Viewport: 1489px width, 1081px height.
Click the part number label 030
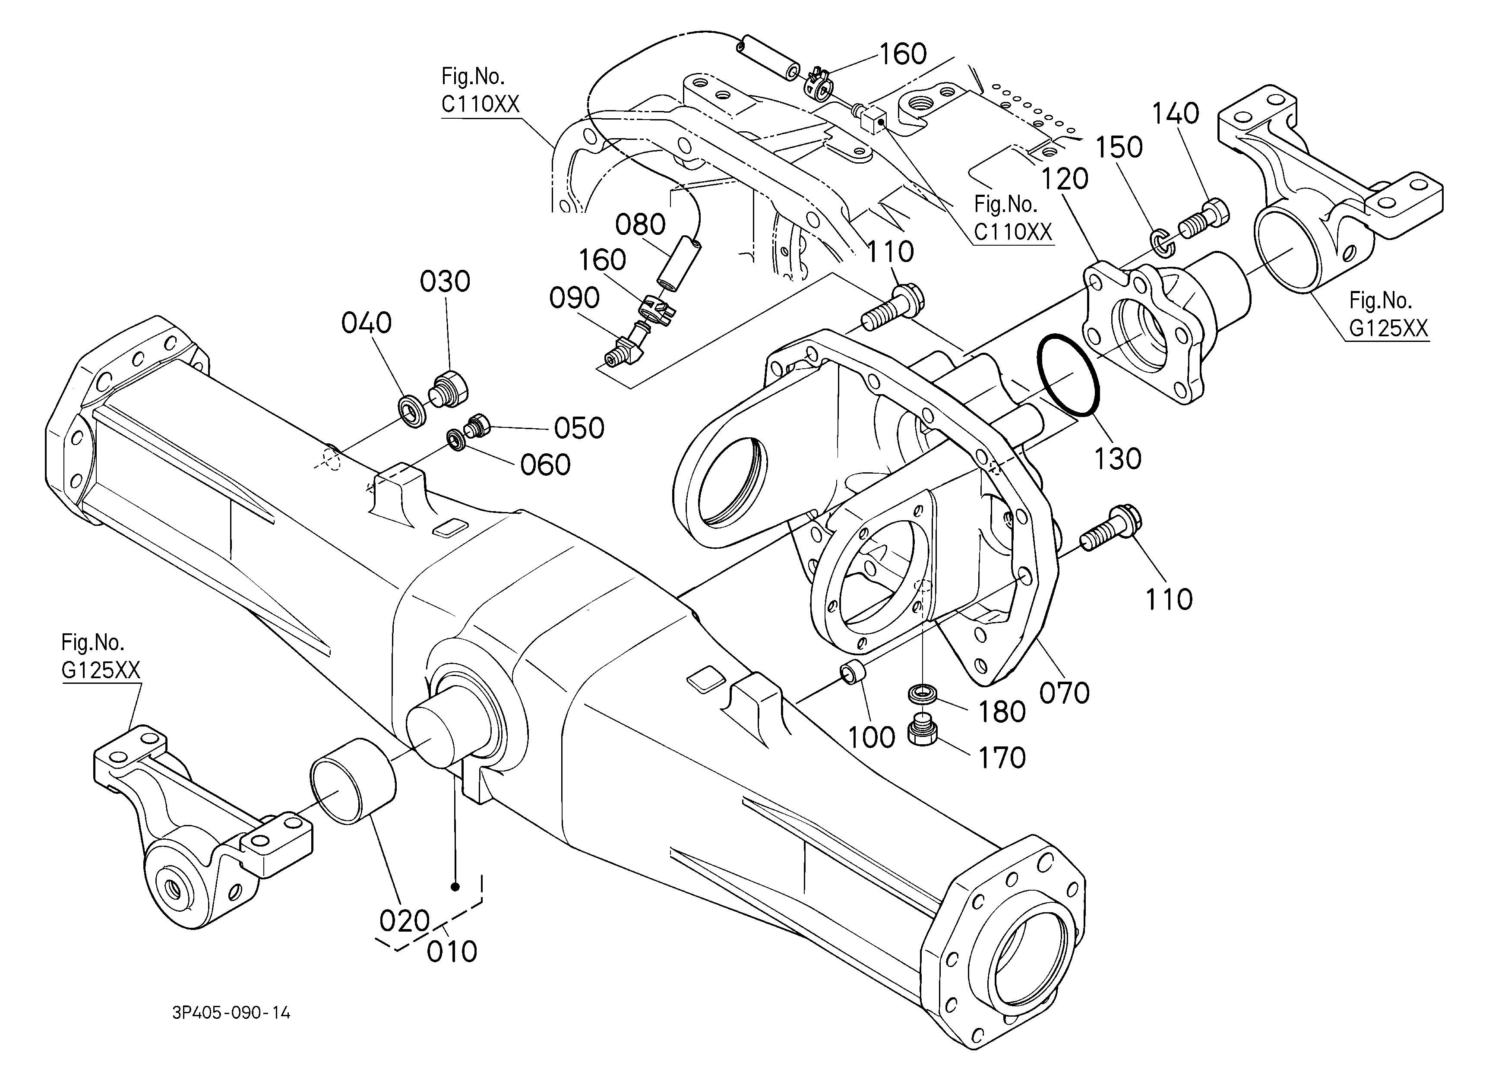[x=445, y=281]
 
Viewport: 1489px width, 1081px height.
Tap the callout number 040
[x=367, y=323]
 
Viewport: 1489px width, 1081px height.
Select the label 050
[x=579, y=428]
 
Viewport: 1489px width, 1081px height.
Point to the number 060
[x=545, y=465]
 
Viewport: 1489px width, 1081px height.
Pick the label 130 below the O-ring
[x=1117, y=459]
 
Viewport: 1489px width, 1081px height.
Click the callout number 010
[x=452, y=951]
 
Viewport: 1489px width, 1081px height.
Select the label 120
[x=1065, y=179]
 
